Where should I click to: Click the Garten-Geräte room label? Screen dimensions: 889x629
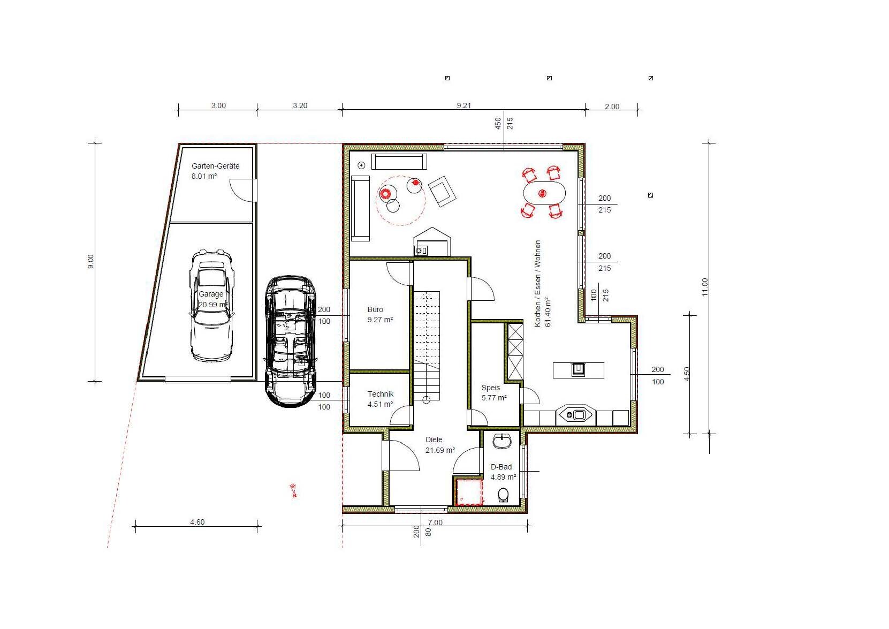coord(215,166)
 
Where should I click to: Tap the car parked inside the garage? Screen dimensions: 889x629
coord(211,306)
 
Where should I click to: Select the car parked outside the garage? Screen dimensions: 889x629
coord(291,342)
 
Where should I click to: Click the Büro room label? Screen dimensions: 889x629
coord(375,309)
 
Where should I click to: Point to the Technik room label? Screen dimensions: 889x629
coord(380,394)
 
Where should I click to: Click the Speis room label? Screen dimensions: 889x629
coord(491,388)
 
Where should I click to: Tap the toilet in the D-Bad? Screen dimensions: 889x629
coord(503,495)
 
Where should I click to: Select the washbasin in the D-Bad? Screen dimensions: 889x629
coord(502,441)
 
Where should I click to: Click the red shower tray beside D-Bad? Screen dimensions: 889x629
coord(469,492)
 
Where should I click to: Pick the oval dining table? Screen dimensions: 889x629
coord(544,194)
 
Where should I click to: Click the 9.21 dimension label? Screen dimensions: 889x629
coord(464,105)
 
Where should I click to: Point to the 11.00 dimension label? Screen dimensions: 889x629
coord(705,287)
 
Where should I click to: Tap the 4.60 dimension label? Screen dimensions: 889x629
coord(197,522)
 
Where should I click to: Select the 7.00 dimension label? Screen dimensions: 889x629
coord(435,522)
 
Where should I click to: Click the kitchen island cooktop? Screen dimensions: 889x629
coord(578,369)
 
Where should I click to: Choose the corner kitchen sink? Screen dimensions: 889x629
coord(575,415)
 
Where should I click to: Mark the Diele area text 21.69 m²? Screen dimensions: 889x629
coord(440,450)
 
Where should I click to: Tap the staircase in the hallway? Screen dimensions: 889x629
coord(427,346)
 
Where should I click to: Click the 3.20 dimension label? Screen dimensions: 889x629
coord(300,105)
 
